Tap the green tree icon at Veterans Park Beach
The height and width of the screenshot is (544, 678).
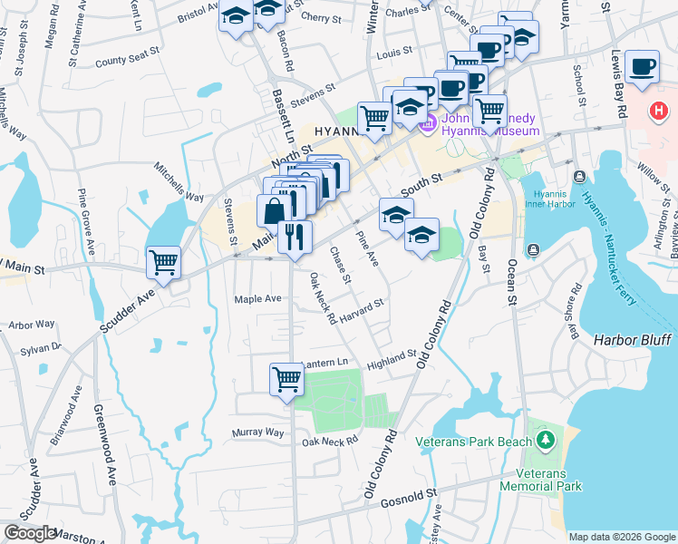[x=545, y=441]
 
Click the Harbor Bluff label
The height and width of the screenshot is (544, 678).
[x=633, y=340]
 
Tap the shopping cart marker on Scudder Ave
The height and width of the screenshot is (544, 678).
[x=164, y=262]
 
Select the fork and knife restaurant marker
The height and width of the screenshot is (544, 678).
[x=295, y=237]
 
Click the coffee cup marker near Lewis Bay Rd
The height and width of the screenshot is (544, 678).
[x=643, y=66]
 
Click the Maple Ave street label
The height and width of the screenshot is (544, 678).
[x=257, y=298]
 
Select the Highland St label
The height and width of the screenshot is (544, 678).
[x=392, y=360]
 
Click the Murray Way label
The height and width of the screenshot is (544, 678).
[x=258, y=432]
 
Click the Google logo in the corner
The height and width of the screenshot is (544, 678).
[x=30, y=533]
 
